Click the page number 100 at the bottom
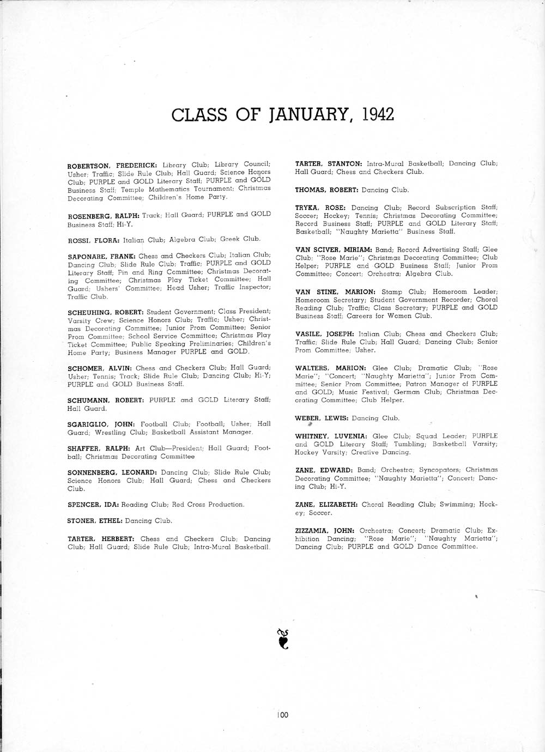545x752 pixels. point(282,714)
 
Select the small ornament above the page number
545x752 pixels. point(282,639)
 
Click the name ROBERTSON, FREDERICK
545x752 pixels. point(112,165)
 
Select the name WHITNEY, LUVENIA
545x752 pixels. point(331,436)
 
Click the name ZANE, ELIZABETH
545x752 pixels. point(326,505)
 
